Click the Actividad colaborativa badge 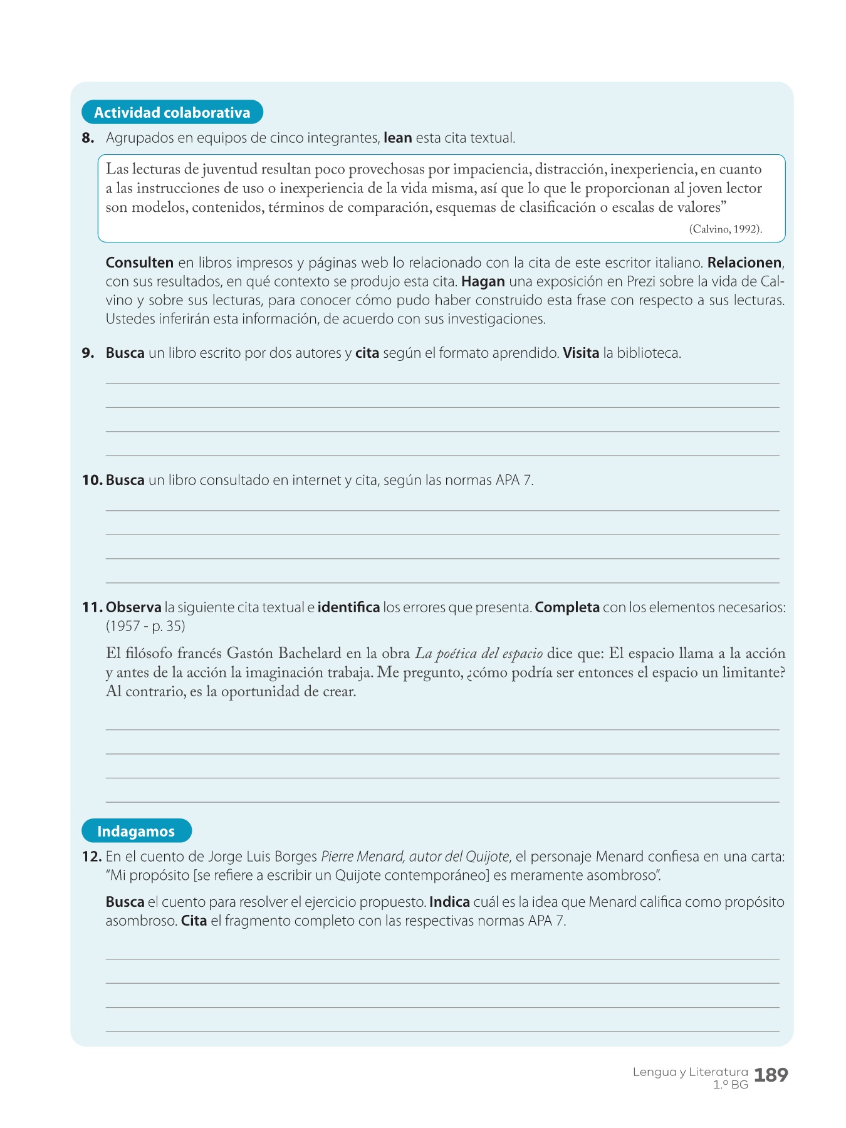172,113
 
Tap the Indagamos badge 136,831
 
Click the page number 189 771,1075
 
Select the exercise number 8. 88,138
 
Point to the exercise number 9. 88,353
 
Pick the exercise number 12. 91,857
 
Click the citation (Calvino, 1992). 725,229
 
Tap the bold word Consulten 140,263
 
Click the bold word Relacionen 744,263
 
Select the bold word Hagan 483,281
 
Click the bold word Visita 581,353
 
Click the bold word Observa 133,607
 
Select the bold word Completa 567,607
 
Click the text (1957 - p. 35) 145,626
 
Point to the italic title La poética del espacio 479,654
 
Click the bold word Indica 449,902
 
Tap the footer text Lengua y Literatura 690,1072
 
